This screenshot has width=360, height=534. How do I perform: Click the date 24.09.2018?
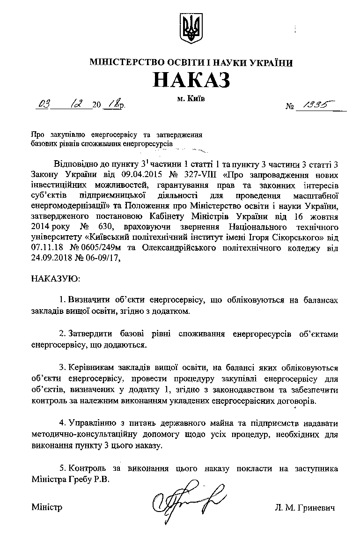(50, 255)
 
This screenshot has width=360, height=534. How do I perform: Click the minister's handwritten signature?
(190, 497)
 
